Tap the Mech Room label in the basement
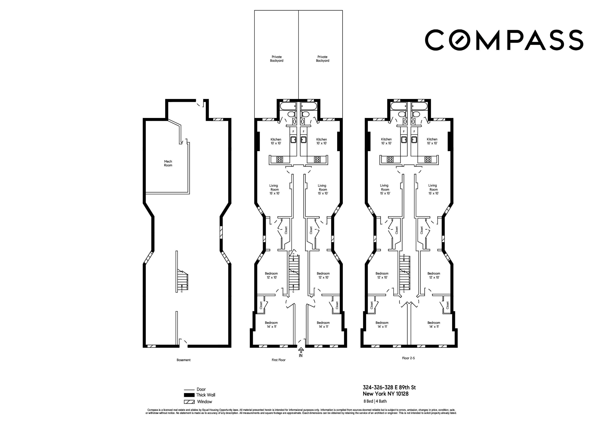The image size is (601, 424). click(x=168, y=163)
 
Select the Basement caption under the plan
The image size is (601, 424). click(x=184, y=360)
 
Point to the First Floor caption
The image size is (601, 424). click(x=278, y=360)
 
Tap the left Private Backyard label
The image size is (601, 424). click(x=277, y=59)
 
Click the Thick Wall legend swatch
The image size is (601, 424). click(x=189, y=395)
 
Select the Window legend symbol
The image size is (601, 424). click(x=189, y=402)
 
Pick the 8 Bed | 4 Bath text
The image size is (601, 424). click(x=375, y=401)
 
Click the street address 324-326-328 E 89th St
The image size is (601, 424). click(x=389, y=387)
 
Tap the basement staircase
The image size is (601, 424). click(x=183, y=280)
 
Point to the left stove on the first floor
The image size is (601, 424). click(x=279, y=159)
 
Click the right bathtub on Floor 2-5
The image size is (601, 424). click(x=419, y=106)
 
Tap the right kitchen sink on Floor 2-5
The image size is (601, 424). click(x=414, y=140)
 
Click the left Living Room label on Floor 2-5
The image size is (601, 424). click(x=385, y=189)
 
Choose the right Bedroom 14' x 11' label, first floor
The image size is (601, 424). click(x=323, y=324)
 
